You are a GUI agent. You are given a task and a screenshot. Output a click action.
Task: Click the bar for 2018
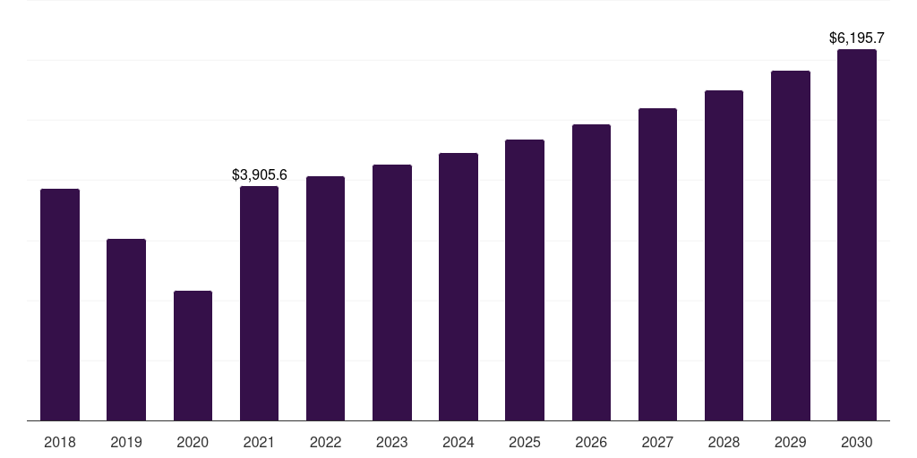pos(60,304)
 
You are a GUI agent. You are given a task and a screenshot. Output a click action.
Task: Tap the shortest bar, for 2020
pos(193,355)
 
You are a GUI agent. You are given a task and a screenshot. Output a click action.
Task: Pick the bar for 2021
pos(259,303)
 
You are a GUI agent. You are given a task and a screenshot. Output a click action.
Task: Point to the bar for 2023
pos(392,293)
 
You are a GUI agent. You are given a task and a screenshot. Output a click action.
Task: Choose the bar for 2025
pos(525,280)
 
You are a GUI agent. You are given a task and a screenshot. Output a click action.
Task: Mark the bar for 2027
pos(657,264)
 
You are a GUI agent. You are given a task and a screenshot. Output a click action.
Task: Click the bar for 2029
pos(791,245)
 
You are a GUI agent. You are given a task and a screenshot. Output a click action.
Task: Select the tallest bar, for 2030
pos(857,234)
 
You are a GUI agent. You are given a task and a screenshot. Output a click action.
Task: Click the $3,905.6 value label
pos(259,174)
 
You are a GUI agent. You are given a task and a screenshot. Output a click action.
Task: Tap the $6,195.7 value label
pos(857,38)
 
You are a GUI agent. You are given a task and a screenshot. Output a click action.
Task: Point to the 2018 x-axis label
pos(60,442)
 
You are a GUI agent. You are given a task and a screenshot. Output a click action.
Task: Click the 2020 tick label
pos(193,442)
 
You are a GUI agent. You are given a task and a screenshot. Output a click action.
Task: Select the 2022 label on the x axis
pos(325,442)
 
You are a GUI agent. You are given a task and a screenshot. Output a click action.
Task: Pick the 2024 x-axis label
pos(458,442)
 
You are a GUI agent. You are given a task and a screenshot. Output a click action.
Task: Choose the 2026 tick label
pos(591,442)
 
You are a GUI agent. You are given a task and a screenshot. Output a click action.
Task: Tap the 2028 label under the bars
pos(724,442)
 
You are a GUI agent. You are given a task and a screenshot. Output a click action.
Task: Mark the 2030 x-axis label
pos(857,442)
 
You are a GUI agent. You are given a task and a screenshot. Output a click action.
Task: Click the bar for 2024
pos(458,286)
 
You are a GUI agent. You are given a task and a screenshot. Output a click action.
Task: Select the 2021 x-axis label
pos(259,442)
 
